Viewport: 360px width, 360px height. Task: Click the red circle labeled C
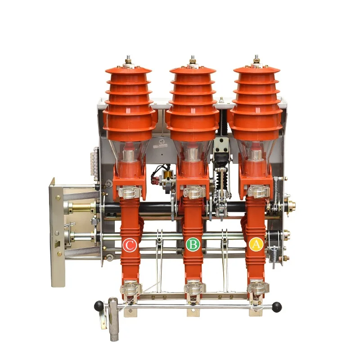[130, 245]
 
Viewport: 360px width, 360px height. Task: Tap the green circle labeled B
[193, 245]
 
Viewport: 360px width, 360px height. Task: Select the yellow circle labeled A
[256, 245]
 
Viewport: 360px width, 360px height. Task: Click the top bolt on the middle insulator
[193, 59]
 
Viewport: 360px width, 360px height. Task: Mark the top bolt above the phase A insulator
[256, 59]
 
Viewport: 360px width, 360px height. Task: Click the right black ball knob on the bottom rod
[278, 307]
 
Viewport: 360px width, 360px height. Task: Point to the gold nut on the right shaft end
[288, 205]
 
